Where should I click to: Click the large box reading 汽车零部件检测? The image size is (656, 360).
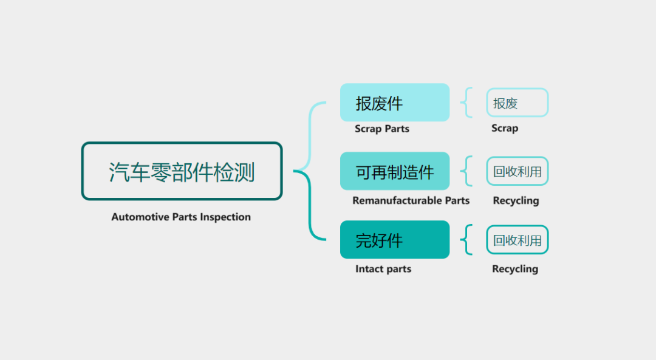[x=182, y=171]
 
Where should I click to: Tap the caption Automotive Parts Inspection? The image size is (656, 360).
[x=181, y=217]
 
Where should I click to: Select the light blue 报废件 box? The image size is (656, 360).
[x=395, y=103]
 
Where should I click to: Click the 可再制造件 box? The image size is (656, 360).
[x=395, y=171]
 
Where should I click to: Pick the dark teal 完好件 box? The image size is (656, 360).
[x=395, y=240]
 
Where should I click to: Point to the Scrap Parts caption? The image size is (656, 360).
[x=382, y=129]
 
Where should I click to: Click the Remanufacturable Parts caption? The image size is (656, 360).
[x=411, y=201]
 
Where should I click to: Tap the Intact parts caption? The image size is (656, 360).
[x=383, y=269]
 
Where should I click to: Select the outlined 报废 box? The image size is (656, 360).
[x=518, y=103]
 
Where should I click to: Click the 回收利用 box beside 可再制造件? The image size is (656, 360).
[x=518, y=171]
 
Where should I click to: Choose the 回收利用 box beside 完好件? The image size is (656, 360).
[x=518, y=240]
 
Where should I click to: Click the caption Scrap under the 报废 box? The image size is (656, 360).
[x=505, y=128]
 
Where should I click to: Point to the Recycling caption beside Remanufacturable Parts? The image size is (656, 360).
[x=516, y=201]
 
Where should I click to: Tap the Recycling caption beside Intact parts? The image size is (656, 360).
[x=515, y=269]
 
